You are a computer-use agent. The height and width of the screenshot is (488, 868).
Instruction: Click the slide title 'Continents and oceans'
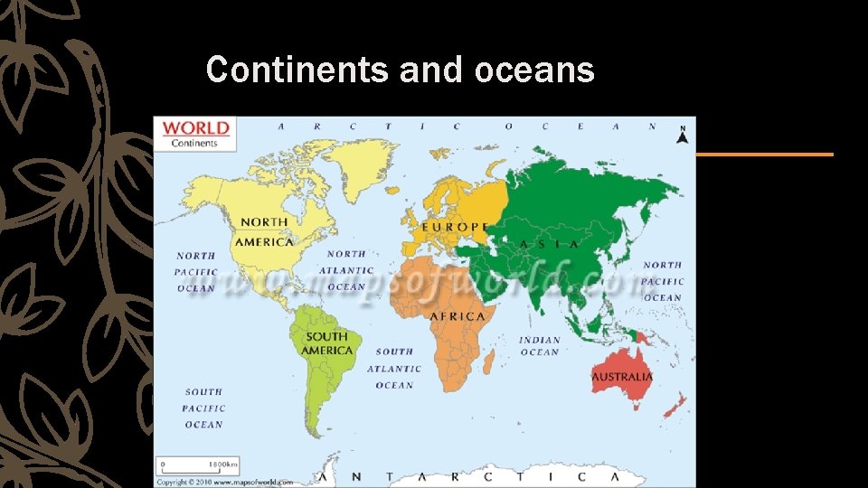pyautogui.click(x=400, y=70)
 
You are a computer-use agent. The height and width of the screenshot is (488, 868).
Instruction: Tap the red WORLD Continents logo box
pyautogui.click(x=196, y=133)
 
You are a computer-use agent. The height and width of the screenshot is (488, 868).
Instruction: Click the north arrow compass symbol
pyautogui.click(x=683, y=136)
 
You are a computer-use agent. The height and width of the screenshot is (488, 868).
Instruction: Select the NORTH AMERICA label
pyautogui.click(x=264, y=232)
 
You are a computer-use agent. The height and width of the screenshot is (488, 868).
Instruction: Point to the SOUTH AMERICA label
pyautogui.click(x=327, y=343)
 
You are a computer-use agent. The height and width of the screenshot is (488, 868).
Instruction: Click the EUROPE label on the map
pyautogui.click(x=456, y=227)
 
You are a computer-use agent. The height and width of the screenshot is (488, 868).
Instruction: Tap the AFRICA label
pyautogui.click(x=458, y=316)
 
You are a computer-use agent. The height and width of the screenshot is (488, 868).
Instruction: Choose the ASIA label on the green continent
pyautogui.click(x=550, y=244)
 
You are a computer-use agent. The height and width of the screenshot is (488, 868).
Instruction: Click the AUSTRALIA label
pyautogui.click(x=622, y=376)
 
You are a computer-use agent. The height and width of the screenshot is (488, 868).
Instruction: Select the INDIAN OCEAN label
pyautogui.click(x=540, y=346)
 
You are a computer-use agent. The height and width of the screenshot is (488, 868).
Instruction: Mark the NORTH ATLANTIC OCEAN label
pyautogui.click(x=346, y=270)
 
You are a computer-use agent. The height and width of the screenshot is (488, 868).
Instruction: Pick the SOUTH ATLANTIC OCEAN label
pyautogui.click(x=394, y=369)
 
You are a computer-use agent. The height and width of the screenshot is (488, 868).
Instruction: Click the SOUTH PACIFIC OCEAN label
pyautogui.click(x=203, y=408)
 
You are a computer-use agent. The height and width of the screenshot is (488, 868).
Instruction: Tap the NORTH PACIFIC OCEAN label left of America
pyautogui.click(x=196, y=272)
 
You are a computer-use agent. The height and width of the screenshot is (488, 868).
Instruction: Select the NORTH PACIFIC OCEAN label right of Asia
pyautogui.click(x=663, y=281)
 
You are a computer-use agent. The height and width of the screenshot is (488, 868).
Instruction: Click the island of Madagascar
pyautogui.click(x=488, y=361)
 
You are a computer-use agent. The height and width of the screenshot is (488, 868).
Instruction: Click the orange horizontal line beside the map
pyautogui.click(x=764, y=155)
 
